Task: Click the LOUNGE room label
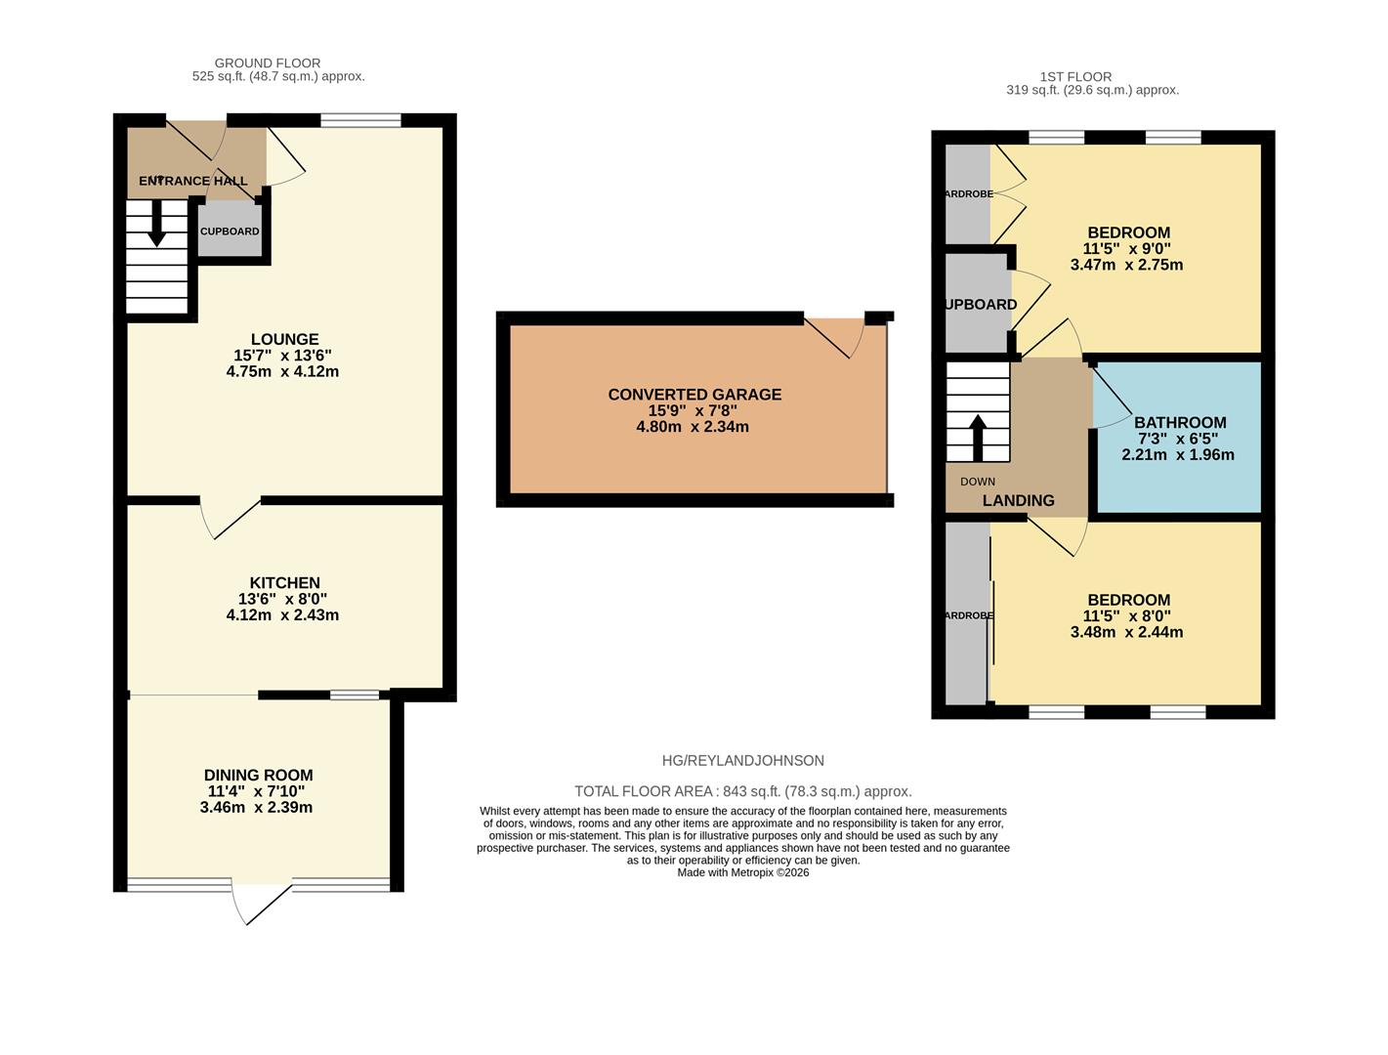[283, 340]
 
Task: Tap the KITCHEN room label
[284, 583]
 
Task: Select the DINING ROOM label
[258, 776]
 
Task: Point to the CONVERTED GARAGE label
[694, 395]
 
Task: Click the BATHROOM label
[1180, 423]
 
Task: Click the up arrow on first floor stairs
[977, 437]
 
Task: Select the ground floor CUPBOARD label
[230, 232]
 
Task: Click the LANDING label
[1018, 501]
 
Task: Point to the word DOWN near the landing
[978, 482]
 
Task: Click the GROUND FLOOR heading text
[268, 63]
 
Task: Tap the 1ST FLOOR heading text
[1075, 77]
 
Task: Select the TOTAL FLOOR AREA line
[742, 791]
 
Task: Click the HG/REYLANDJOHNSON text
[742, 761]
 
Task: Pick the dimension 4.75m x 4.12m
[282, 372]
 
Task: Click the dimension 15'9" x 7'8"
[694, 411]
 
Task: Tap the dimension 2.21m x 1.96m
[1178, 455]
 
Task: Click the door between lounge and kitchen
[232, 518]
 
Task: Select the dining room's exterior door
[262, 903]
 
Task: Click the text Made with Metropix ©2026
[742, 873]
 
